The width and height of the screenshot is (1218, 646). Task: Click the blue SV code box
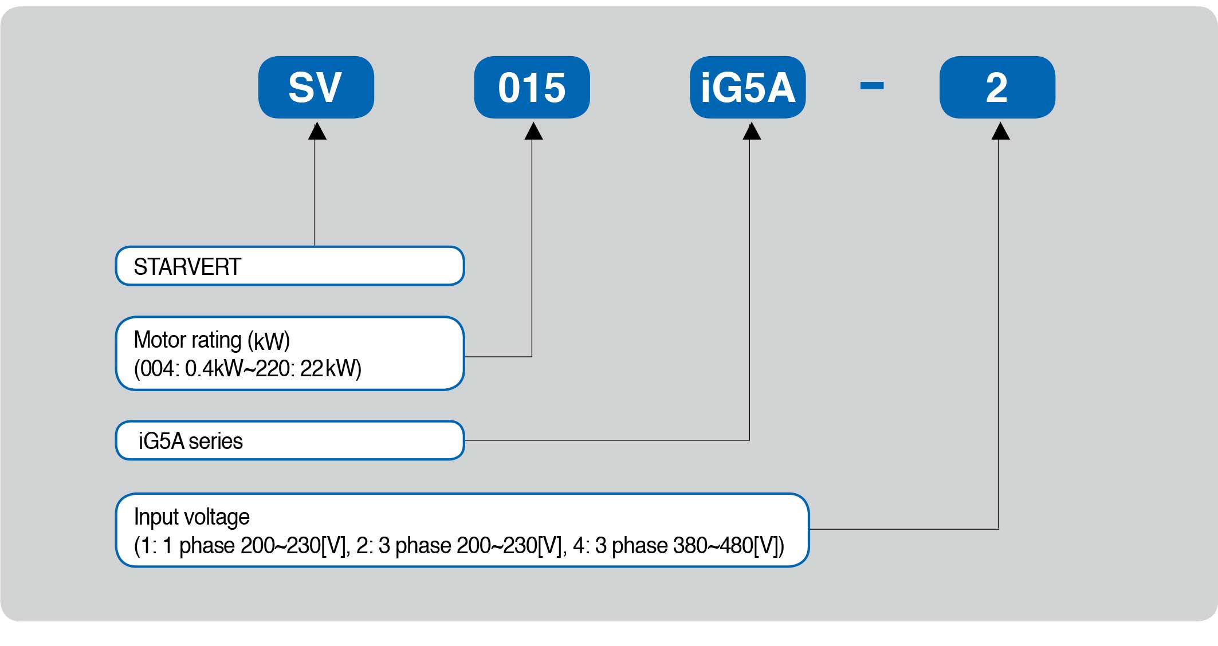316,87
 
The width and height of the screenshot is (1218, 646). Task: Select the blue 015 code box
532,87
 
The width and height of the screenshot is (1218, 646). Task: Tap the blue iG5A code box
748,87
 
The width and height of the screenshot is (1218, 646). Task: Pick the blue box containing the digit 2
997,87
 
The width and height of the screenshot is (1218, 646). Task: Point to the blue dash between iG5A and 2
872,86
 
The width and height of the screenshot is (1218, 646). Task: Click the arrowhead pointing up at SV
317,131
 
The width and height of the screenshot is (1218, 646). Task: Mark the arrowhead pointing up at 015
533,131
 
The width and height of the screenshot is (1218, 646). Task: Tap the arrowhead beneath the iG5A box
752,131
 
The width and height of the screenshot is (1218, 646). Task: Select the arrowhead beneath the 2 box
1000,131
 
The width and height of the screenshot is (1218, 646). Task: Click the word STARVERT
187,267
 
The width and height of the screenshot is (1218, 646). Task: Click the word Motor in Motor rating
159,340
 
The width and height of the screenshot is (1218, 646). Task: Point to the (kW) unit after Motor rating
269,341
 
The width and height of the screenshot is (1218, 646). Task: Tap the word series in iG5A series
215,442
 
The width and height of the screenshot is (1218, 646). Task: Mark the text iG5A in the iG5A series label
162,442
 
